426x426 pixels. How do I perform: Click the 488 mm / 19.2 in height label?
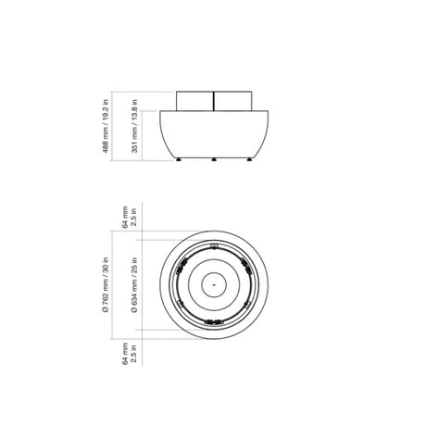[x=106, y=126]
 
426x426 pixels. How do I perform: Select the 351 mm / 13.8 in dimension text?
[x=134, y=126]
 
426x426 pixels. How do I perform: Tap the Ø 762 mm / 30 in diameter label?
[x=106, y=285]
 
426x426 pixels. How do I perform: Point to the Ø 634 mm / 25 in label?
[x=134, y=285]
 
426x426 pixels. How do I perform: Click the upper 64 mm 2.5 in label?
[x=130, y=217]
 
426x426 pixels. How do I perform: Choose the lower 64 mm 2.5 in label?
[x=130, y=354]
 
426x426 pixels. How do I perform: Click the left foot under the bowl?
[x=179, y=159]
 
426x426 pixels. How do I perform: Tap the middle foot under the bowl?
[x=214, y=159]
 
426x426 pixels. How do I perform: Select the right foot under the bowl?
[x=249, y=159]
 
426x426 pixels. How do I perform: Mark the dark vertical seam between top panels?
[x=214, y=101]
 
